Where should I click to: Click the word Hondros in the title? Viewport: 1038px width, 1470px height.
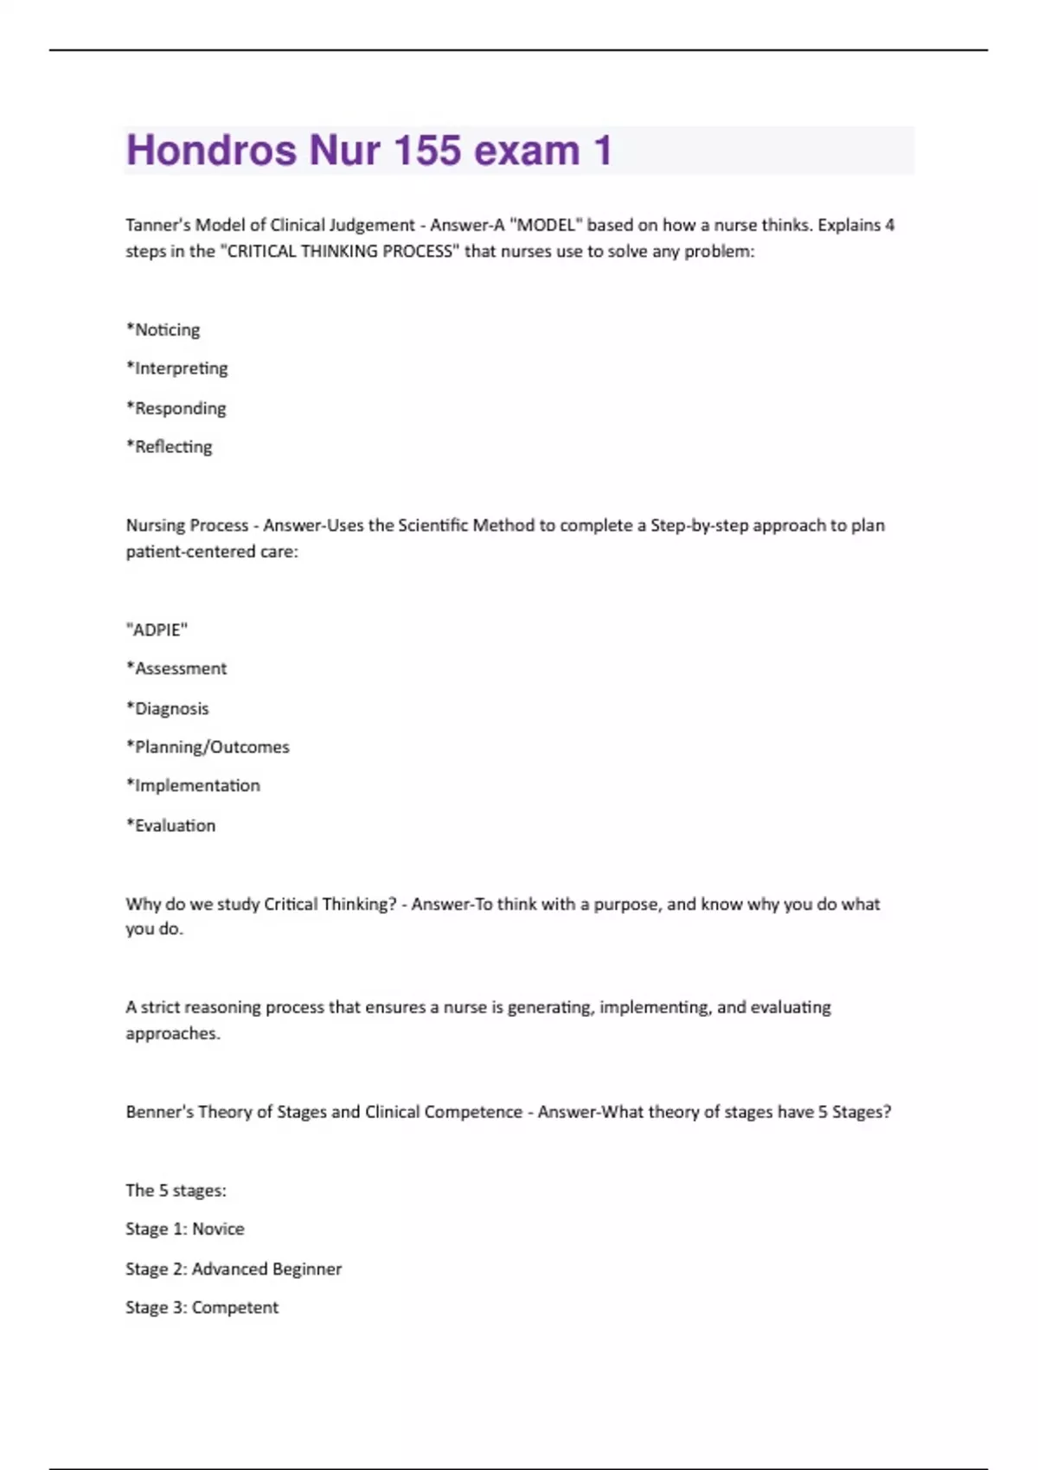click(211, 150)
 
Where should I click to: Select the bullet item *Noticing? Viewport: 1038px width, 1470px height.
click(163, 329)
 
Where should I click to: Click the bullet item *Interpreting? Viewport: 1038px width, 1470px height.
click(177, 368)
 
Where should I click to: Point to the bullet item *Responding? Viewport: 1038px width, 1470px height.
click(176, 408)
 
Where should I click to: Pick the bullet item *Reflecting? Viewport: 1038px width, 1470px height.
click(170, 447)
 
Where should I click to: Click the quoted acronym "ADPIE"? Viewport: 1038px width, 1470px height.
click(157, 630)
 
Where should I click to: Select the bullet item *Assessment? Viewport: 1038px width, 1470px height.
click(176, 668)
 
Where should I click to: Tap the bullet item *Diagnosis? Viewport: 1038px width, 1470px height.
click(168, 708)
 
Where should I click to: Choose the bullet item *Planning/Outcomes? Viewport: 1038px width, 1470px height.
click(208, 747)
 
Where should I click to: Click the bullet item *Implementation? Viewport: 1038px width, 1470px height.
click(193, 786)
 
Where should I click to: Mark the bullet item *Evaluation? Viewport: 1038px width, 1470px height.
click(171, 826)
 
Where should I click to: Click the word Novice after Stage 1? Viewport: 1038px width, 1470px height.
click(218, 1229)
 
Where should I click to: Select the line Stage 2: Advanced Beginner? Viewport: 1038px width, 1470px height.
click(234, 1269)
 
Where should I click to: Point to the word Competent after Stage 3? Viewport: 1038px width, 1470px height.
click(235, 1307)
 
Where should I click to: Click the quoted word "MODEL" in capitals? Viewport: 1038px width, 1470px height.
click(545, 225)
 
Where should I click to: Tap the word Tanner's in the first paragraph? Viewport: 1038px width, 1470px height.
click(157, 225)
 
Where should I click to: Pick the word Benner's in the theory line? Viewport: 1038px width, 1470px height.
click(159, 1112)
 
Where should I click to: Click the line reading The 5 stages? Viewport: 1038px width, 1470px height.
click(176, 1191)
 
